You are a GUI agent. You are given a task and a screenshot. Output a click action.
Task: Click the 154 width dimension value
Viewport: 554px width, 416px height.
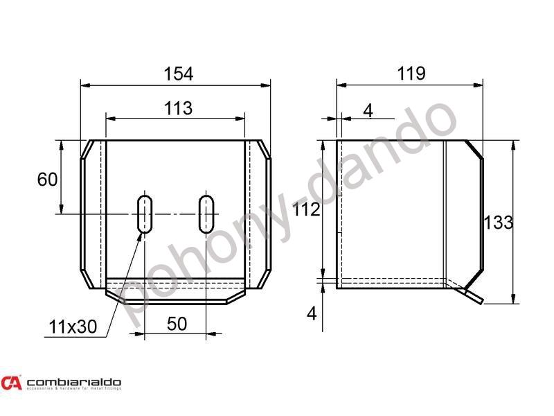177,73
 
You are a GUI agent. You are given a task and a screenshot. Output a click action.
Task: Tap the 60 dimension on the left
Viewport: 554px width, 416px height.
46,180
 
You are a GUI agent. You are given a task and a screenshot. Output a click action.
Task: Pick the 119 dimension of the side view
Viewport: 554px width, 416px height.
411,73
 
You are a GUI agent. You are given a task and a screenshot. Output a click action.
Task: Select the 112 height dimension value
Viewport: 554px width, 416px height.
306,210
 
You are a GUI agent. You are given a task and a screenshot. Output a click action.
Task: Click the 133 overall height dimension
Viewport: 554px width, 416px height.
499,223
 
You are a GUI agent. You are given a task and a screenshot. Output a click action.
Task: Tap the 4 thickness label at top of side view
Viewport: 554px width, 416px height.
367,110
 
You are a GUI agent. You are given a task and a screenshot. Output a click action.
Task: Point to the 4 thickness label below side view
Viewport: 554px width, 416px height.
311,313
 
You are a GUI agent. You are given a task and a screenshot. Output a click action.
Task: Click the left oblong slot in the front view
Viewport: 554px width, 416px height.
145,214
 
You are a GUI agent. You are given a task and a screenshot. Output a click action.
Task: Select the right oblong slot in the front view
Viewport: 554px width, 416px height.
206,214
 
